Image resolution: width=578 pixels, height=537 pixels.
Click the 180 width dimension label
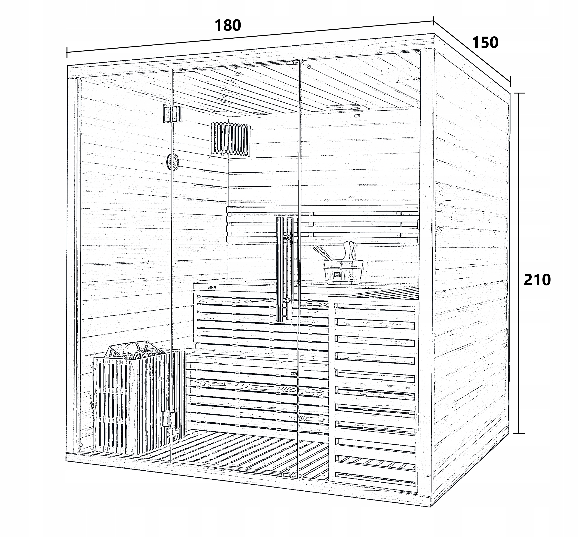point(228,26)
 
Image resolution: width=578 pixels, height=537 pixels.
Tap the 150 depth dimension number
point(485,43)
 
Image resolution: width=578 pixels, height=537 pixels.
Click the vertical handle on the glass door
point(285,269)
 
